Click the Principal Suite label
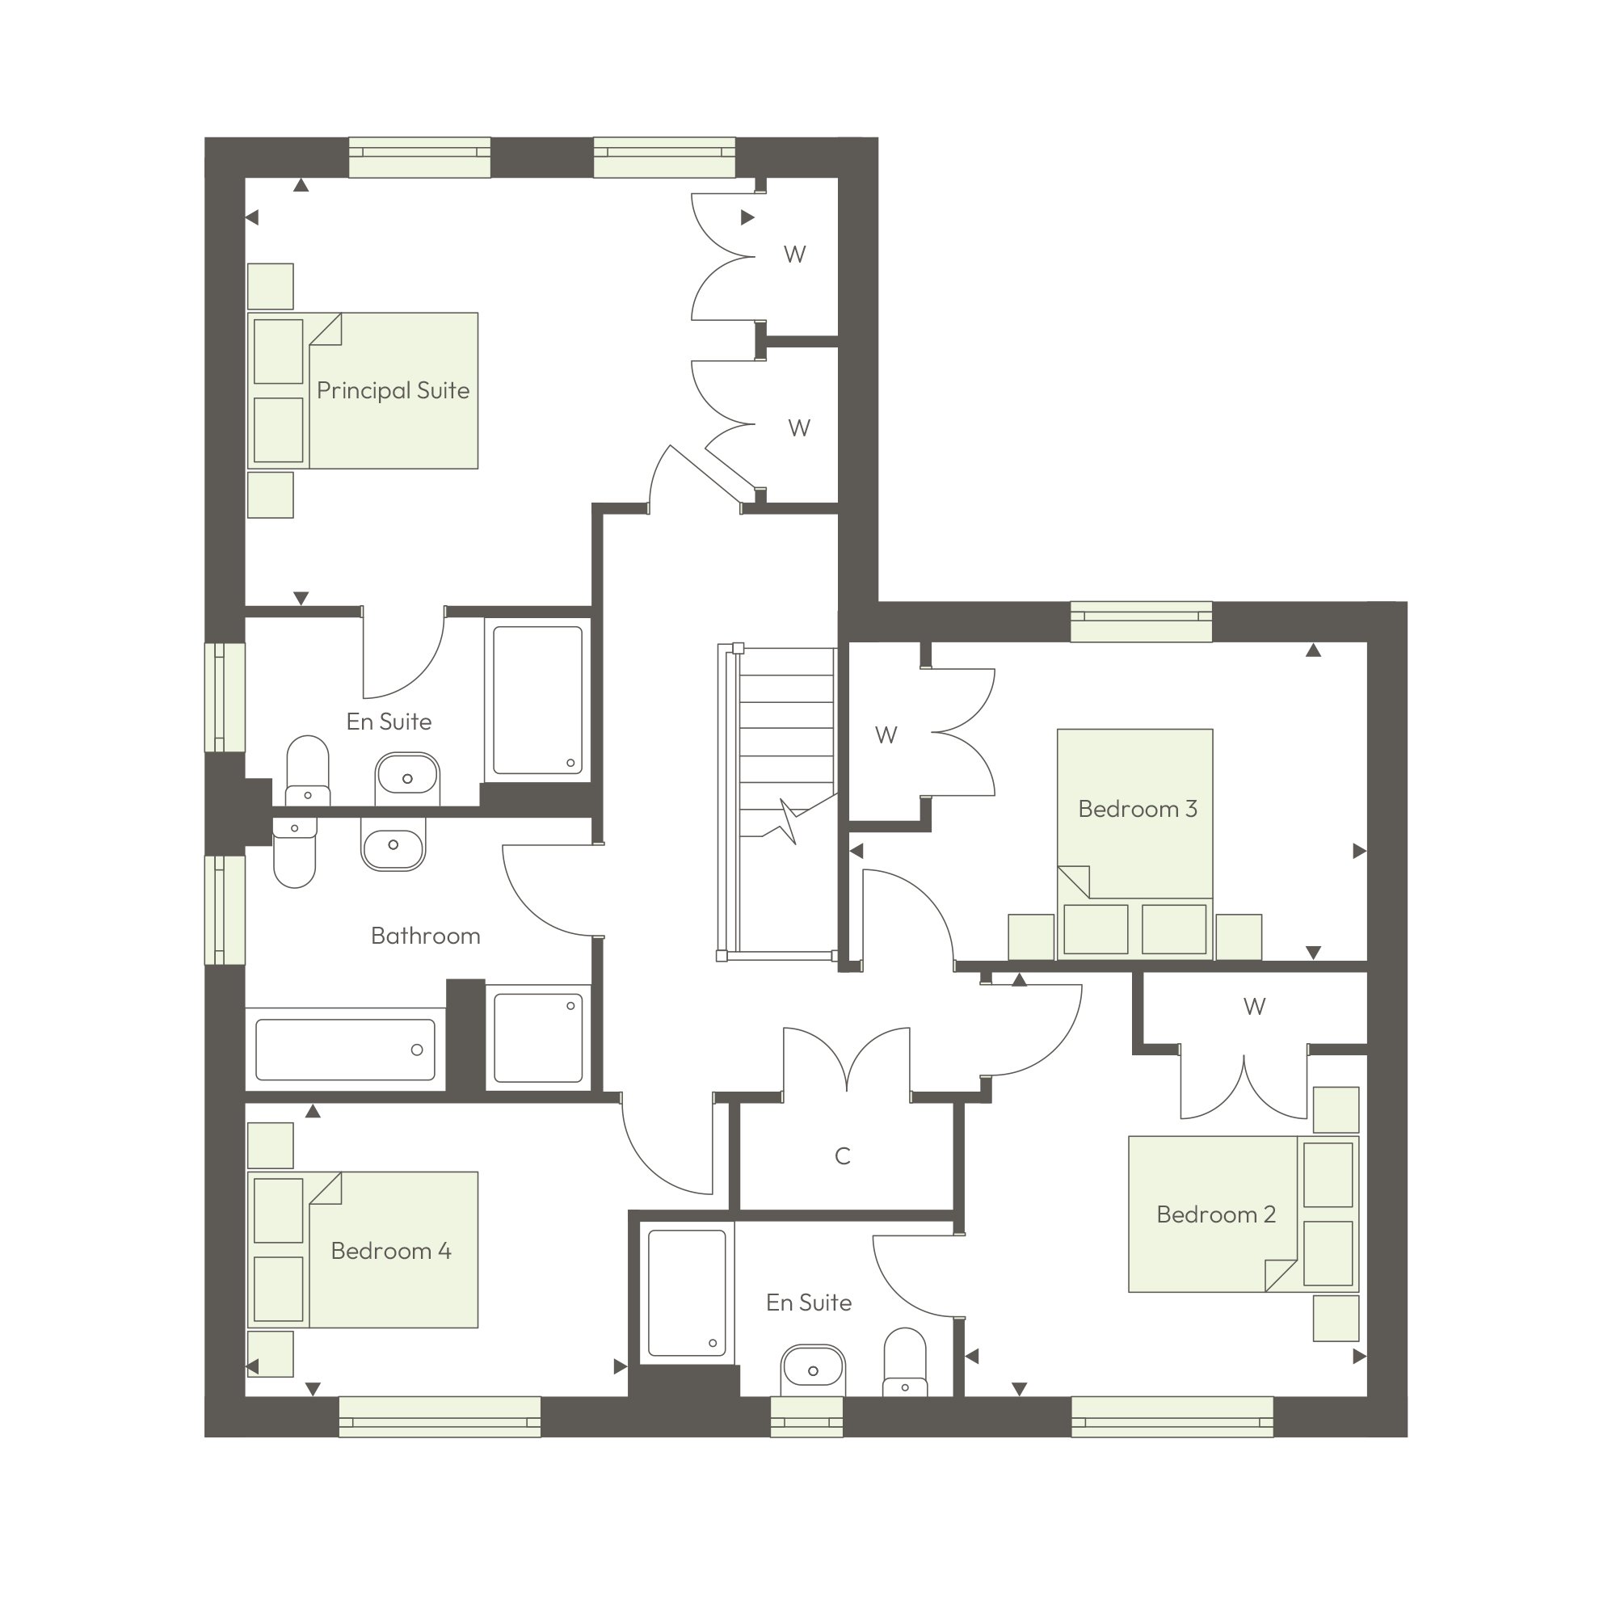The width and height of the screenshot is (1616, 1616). click(x=393, y=390)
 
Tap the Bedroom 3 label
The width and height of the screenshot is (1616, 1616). click(x=1138, y=809)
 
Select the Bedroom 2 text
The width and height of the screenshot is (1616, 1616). click(x=1216, y=1214)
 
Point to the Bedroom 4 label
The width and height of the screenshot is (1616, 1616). click(x=390, y=1251)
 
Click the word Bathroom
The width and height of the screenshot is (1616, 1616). click(x=426, y=935)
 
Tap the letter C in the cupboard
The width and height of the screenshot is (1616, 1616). click(x=842, y=1156)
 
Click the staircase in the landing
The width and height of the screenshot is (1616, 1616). click(x=777, y=803)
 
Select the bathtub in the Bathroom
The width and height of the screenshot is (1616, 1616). click(x=346, y=1050)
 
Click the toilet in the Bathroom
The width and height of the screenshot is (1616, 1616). click(x=294, y=852)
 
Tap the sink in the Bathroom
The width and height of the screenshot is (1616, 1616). click(x=393, y=845)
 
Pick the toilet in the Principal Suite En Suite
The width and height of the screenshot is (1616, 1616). click(x=308, y=771)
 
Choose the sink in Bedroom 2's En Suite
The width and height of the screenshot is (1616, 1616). click(x=813, y=1370)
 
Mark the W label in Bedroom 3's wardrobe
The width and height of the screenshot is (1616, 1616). click(x=886, y=735)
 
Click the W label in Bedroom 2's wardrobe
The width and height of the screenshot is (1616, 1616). click(x=1254, y=1006)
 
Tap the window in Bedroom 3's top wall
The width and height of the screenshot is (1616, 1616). click(x=1141, y=621)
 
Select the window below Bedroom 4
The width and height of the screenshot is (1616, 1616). click(x=440, y=1417)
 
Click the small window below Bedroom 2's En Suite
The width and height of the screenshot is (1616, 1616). click(x=806, y=1417)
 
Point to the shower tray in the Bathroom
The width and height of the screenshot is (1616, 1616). click(x=539, y=1037)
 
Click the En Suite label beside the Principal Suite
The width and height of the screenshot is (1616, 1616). click(x=389, y=722)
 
